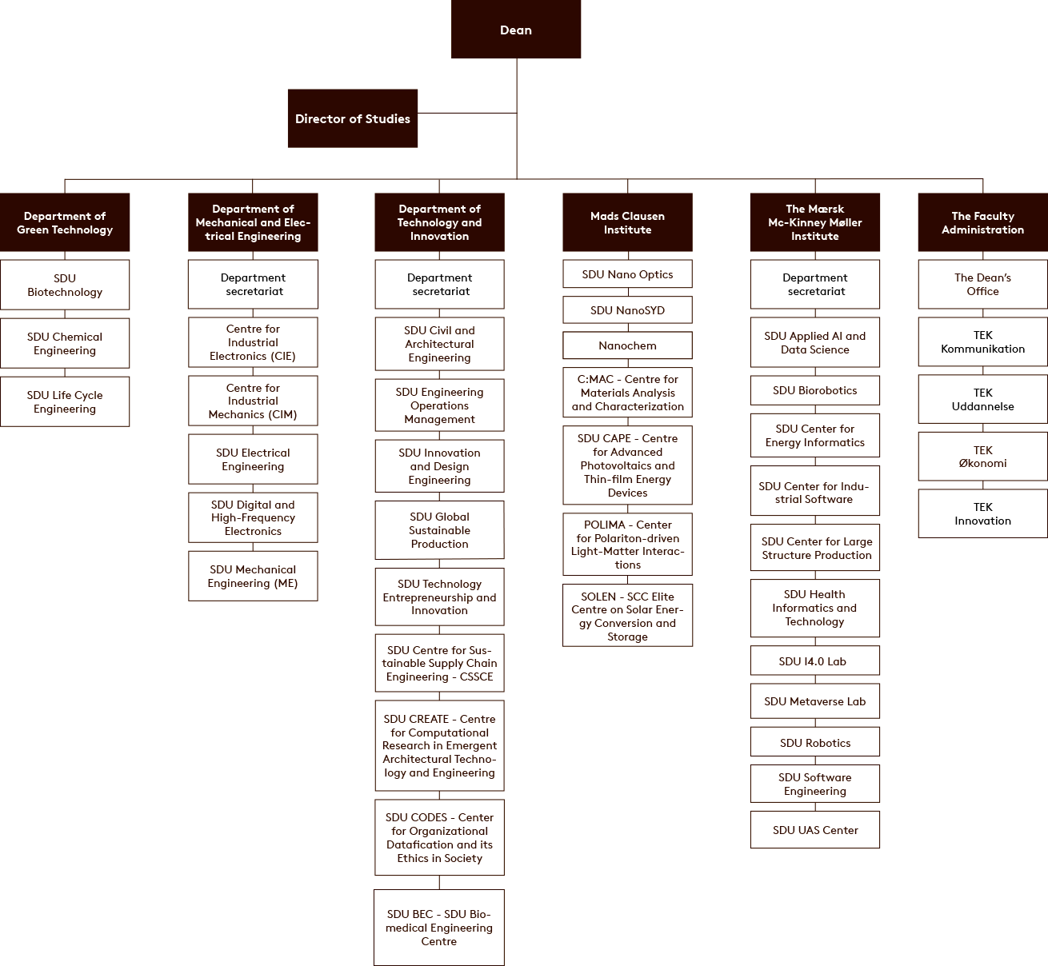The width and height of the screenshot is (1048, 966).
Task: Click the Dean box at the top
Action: (x=515, y=29)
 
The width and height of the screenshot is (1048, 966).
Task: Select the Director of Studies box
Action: (x=353, y=118)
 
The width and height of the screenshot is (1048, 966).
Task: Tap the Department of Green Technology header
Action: (x=64, y=222)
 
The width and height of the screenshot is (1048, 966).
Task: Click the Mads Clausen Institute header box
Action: (x=627, y=222)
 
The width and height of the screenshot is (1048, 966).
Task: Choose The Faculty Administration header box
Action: (x=982, y=222)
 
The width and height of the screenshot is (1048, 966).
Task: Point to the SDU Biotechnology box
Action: (x=64, y=285)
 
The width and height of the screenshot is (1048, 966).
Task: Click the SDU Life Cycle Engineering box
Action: (x=64, y=401)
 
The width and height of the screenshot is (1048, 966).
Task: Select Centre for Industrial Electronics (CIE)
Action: (x=253, y=342)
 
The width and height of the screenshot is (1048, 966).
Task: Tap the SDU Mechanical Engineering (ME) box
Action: (x=253, y=576)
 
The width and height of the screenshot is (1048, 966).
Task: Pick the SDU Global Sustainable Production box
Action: (x=439, y=530)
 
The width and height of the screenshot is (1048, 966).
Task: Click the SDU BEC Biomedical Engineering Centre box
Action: (x=439, y=928)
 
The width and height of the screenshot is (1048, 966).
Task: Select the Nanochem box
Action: (x=627, y=345)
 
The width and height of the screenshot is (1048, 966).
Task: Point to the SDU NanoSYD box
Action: (x=627, y=310)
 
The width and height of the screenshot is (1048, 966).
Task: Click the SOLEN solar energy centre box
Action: (x=627, y=616)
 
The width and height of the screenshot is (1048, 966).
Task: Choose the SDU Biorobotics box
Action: (x=814, y=390)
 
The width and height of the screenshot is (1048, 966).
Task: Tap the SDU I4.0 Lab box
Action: (x=814, y=661)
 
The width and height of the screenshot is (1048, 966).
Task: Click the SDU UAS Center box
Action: (x=814, y=830)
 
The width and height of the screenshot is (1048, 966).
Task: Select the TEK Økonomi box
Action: (x=982, y=457)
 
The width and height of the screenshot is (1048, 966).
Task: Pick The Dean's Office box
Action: (x=982, y=285)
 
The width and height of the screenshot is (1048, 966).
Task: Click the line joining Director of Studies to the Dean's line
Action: (x=467, y=113)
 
